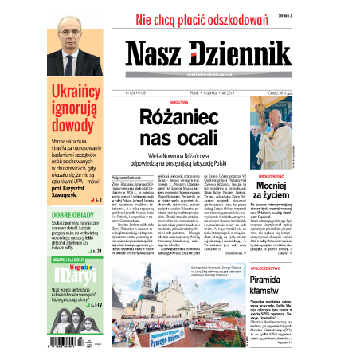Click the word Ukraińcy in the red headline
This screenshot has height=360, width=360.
(74, 92)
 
